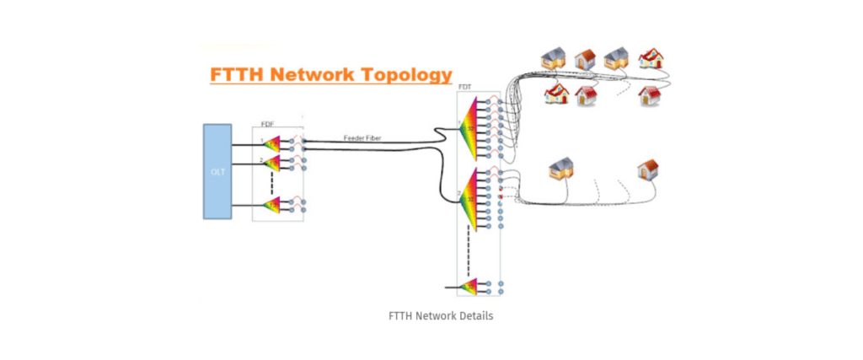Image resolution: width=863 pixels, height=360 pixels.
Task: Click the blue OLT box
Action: coord(217,171)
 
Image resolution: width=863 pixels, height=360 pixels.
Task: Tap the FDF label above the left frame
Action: coord(267,123)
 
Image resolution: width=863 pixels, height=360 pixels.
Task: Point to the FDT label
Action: coord(464,87)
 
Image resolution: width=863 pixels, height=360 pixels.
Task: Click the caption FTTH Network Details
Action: coord(431,316)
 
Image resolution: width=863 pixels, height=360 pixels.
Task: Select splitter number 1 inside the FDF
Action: coord(272,144)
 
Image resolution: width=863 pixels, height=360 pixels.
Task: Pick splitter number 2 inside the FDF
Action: coord(272,164)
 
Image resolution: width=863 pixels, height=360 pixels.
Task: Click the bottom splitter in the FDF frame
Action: coord(272,205)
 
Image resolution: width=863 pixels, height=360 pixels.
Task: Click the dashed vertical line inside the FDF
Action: coord(271,183)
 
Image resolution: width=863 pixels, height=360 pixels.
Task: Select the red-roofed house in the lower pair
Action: coord(647,169)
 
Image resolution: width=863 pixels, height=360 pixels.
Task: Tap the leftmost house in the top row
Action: coord(554,57)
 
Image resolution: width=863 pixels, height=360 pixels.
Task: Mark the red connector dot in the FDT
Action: coord(501,196)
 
